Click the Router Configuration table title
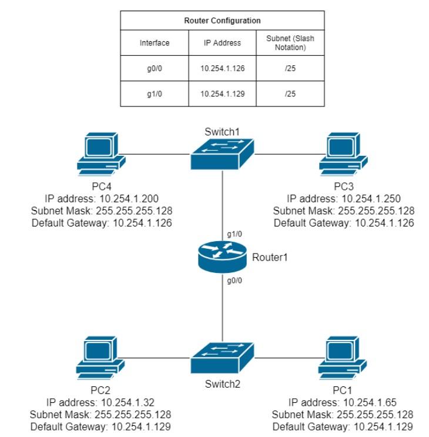click(222, 21)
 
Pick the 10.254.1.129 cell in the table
click(222, 93)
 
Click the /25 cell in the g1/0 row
click(290, 93)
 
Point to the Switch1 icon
click(223, 155)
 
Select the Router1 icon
click(223, 258)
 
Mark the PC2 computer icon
click(100, 358)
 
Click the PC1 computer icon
click(343, 358)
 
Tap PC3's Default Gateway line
click(344, 223)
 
